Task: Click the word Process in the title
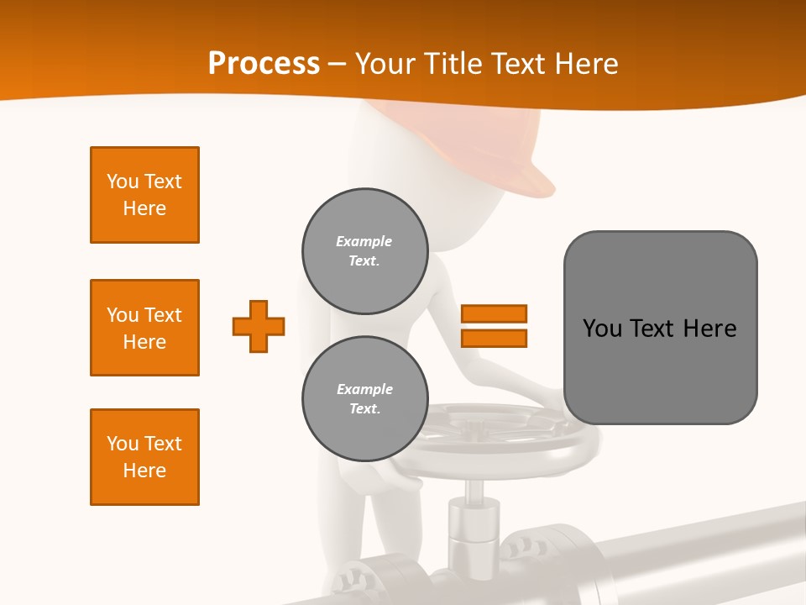(264, 64)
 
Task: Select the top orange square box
(144, 195)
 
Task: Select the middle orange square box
(144, 328)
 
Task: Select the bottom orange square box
(144, 457)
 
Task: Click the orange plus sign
(259, 326)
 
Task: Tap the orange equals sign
(494, 326)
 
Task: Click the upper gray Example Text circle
(365, 251)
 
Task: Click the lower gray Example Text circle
(365, 399)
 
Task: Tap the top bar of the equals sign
(494, 314)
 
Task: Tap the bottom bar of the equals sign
(494, 338)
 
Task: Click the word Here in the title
(585, 64)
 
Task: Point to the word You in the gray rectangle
(602, 329)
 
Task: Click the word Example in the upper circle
(364, 241)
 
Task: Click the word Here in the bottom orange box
(144, 471)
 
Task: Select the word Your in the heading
(385, 64)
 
